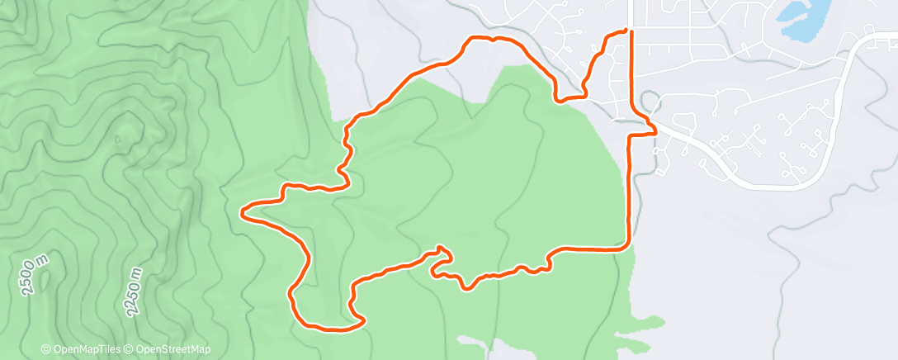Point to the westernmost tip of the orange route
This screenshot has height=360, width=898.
tap(242, 213)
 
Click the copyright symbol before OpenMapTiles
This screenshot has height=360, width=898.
tap(46, 349)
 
